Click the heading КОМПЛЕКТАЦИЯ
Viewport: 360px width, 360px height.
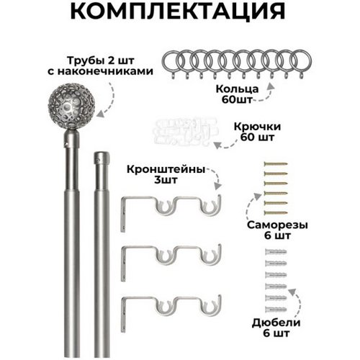click(178, 11)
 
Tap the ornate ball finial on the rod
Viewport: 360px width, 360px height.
click(71, 107)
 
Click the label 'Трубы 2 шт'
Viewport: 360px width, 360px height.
click(101, 60)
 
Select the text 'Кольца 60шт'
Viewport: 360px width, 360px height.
click(237, 94)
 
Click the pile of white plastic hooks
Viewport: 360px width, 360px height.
click(185, 132)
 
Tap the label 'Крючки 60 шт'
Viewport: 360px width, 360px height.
click(257, 132)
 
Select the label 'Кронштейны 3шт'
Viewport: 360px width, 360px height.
click(166, 174)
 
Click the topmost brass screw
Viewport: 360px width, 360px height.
click(275, 164)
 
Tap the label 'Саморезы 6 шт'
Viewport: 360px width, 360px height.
click(277, 230)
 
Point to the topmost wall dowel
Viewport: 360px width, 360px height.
click(276, 252)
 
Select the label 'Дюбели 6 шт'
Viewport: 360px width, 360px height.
click(276, 328)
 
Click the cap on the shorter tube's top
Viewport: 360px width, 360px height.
click(102, 158)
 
